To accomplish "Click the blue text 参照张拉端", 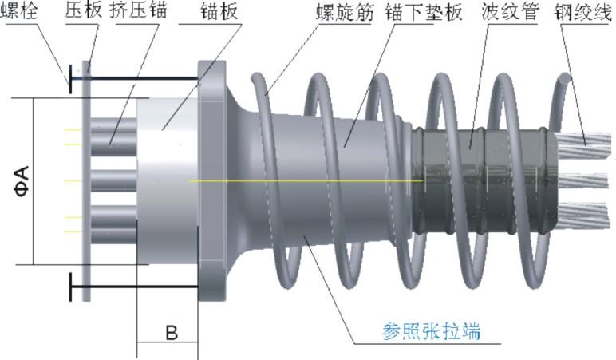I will coord(428,328).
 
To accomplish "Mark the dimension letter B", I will coord(171,334).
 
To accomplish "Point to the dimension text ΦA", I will coord(22,180).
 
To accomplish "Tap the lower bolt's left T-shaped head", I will coord(70,286).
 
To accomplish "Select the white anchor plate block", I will coord(168,181).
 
